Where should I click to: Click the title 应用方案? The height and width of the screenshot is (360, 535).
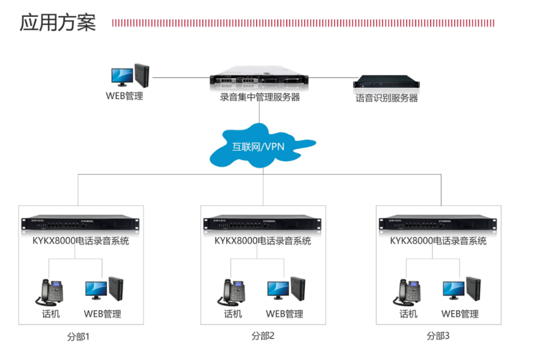coord(57,22)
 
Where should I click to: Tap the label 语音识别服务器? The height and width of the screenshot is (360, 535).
coord(386,98)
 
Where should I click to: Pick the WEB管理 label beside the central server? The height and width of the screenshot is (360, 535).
coord(124,96)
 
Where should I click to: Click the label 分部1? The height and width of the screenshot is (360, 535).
coord(78,337)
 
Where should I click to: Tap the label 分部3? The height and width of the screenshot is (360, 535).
coord(438,336)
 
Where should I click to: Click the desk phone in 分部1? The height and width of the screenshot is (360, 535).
coord(51,292)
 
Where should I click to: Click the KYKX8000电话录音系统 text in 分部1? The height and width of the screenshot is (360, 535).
coord(81,241)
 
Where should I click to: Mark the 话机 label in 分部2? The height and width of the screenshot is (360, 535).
coord(233,314)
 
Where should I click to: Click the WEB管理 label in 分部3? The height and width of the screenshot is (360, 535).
coord(460,314)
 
